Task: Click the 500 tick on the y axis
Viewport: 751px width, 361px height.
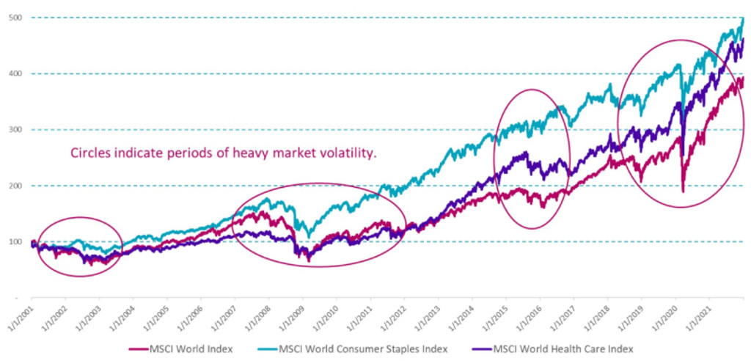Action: point(15,17)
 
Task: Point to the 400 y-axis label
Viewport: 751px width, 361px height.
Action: point(15,73)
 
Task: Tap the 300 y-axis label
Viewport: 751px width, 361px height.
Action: point(15,130)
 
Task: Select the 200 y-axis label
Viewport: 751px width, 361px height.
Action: point(15,186)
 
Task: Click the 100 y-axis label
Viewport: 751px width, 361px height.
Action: point(15,242)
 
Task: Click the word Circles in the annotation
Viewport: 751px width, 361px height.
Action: point(90,154)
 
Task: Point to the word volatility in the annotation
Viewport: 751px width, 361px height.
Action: point(357,154)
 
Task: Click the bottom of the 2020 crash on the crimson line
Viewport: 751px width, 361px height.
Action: point(683,191)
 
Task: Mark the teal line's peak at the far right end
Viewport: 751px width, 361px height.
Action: point(742,18)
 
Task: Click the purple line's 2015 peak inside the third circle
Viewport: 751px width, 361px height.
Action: point(525,153)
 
